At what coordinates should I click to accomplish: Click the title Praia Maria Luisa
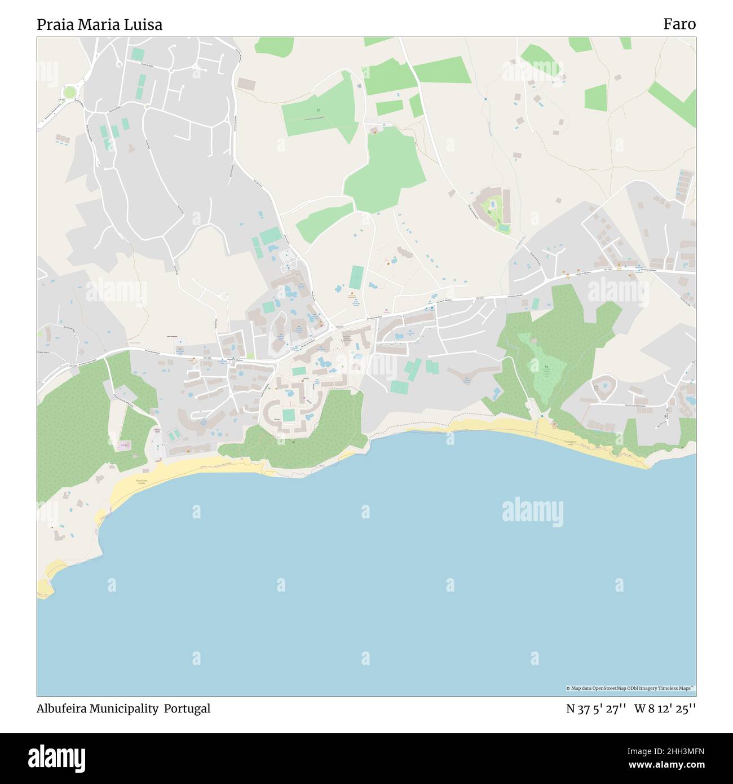point(99,25)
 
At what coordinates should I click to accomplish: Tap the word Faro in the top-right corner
point(679,24)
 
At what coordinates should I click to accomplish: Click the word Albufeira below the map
point(63,709)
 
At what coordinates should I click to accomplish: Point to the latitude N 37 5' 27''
point(596,709)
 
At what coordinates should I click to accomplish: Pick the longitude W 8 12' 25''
point(665,709)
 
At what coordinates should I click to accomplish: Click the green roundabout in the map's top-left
point(70,92)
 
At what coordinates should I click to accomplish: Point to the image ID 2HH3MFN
point(675,751)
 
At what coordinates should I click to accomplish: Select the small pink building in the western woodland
point(124,446)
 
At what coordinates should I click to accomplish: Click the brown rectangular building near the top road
point(246,83)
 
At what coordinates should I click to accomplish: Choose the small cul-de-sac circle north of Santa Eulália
point(224,296)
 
